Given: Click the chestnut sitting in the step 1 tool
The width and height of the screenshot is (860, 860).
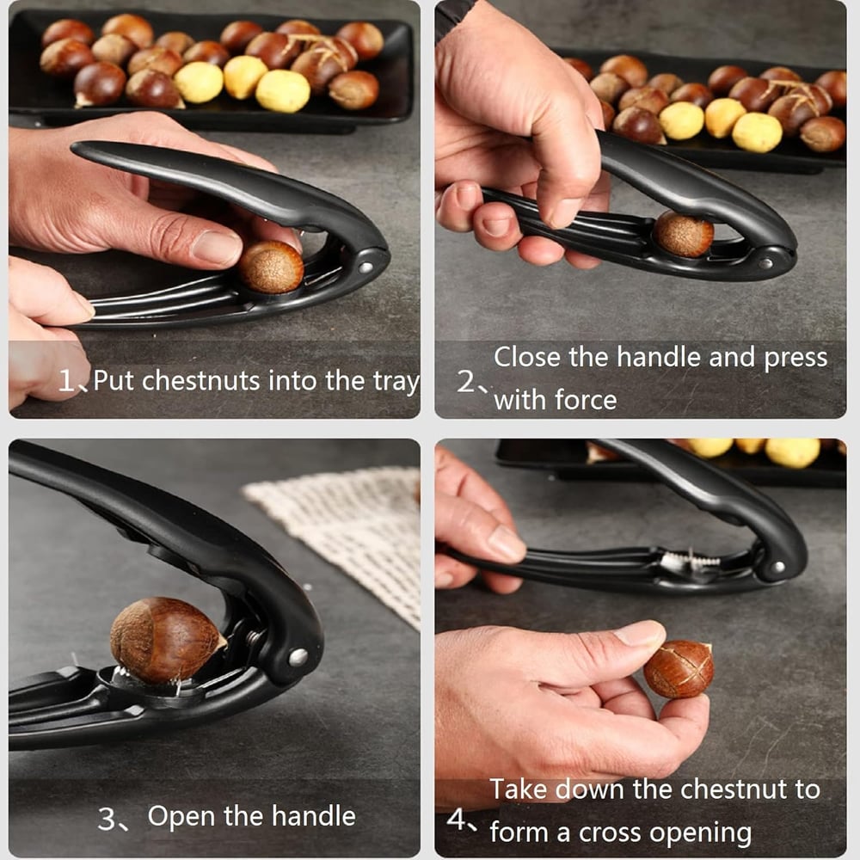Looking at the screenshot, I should click(x=271, y=267).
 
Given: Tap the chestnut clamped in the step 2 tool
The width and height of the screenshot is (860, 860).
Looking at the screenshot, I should click(x=683, y=234).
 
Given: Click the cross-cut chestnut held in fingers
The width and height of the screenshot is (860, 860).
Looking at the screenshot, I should click(x=679, y=668).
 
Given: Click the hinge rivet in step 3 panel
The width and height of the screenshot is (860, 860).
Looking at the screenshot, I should click(x=298, y=657).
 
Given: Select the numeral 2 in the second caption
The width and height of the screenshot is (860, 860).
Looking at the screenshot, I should click(x=465, y=381).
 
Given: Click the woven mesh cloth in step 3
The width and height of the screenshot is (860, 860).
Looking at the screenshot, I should click(x=344, y=533).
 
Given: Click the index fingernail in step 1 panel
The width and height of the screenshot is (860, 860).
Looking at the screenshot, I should click(x=215, y=248).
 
